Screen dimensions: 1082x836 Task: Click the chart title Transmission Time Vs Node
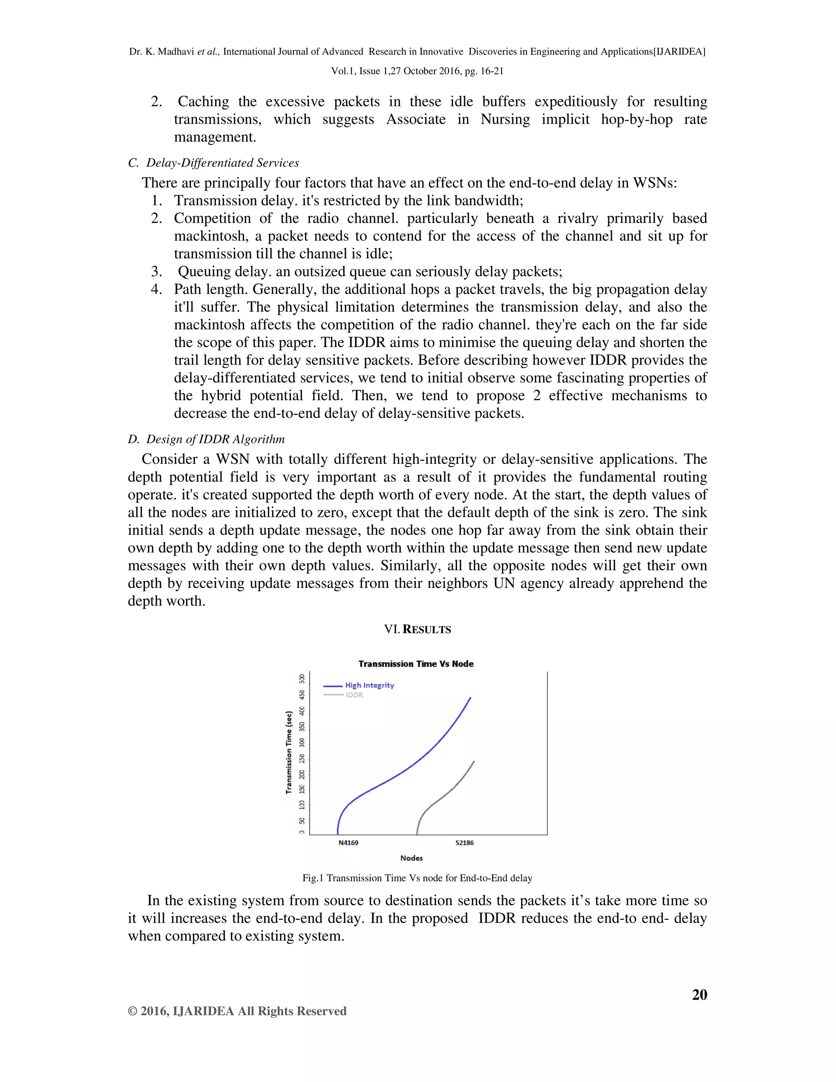pyautogui.click(x=416, y=664)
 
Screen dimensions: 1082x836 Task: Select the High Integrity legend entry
pyautogui.click(x=369, y=685)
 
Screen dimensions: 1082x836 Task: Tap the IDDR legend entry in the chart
pyautogui.click(x=354, y=695)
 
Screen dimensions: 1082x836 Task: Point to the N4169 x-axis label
pyautogui.click(x=348, y=843)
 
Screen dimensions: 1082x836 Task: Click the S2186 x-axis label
pyautogui.click(x=464, y=843)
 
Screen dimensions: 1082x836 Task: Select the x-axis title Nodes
pyautogui.click(x=411, y=858)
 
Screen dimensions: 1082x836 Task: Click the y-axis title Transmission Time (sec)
pyautogui.click(x=289, y=753)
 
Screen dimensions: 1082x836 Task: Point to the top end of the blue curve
pyautogui.click(x=470, y=697)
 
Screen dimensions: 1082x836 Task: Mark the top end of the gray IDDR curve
pyautogui.click(x=474, y=761)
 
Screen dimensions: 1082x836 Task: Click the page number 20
pyautogui.click(x=699, y=995)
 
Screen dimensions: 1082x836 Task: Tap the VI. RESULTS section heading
pyautogui.click(x=417, y=630)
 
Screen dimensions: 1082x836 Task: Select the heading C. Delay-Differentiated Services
pyautogui.click(x=213, y=163)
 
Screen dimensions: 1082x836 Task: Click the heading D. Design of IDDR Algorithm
pyautogui.click(x=206, y=439)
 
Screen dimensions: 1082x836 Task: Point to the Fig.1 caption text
pyautogui.click(x=417, y=878)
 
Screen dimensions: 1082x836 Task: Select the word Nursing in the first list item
pyautogui.click(x=505, y=119)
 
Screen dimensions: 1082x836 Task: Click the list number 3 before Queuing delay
pyautogui.click(x=156, y=272)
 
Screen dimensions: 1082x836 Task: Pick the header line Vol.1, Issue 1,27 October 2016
pyautogui.click(x=417, y=71)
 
